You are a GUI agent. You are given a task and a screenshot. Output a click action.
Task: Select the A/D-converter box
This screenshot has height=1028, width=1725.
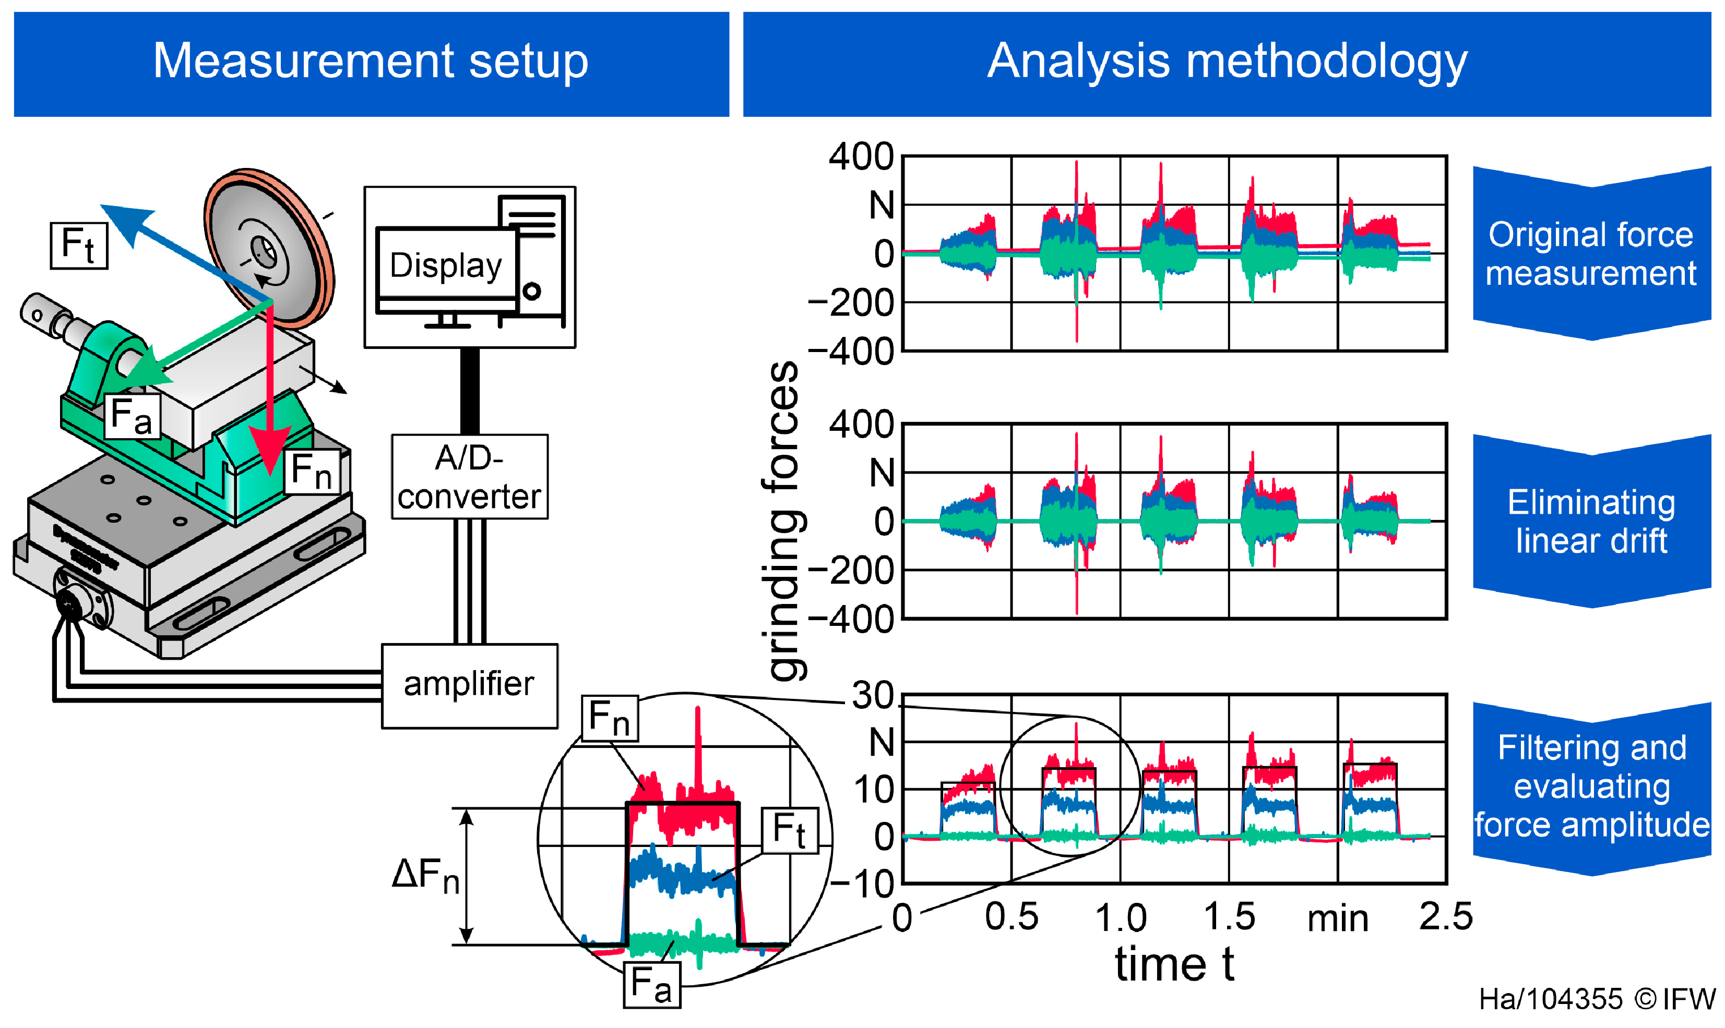click(x=469, y=477)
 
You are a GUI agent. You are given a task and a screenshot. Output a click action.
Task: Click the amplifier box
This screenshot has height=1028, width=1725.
click(x=469, y=685)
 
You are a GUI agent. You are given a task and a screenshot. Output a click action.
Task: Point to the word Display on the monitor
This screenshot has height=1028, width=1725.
click(x=446, y=265)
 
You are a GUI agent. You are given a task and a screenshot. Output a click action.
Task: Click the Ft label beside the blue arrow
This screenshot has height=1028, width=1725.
click(x=78, y=245)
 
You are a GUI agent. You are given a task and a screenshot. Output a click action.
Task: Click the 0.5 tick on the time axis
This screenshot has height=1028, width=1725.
click(x=1011, y=916)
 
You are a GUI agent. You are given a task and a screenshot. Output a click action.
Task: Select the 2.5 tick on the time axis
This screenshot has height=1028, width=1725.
click(x=1446, y=916)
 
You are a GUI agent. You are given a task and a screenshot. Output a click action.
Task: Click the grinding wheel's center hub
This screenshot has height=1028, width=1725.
click(x=264, y=251)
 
